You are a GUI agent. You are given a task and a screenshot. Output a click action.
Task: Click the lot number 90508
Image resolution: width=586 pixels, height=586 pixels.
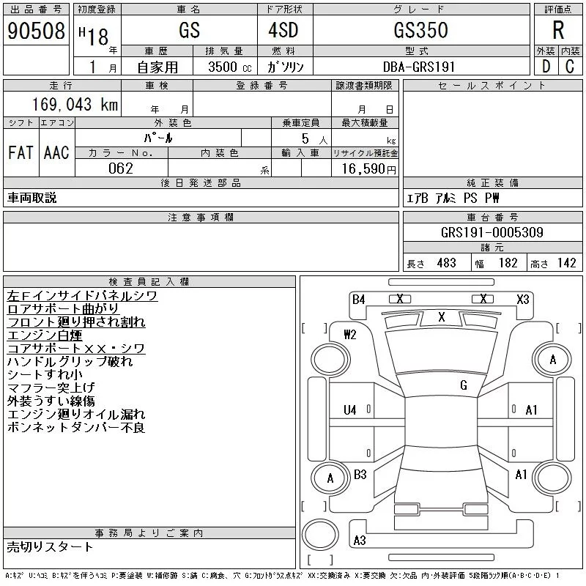36,31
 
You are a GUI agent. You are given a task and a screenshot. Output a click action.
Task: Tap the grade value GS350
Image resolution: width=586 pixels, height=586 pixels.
420,31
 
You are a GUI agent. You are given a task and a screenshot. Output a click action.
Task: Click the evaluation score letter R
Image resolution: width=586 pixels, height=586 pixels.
558,31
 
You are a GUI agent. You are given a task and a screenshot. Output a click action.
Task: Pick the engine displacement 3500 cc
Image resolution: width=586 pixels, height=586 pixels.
223,67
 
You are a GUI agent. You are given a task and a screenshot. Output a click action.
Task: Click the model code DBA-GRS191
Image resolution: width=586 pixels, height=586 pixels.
420,67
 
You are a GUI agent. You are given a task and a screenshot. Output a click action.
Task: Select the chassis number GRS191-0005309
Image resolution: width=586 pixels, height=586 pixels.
492,233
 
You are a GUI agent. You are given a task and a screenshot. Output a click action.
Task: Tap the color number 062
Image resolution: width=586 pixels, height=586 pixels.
121,168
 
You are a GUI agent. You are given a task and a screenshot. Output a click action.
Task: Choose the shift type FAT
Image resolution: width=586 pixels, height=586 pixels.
21,152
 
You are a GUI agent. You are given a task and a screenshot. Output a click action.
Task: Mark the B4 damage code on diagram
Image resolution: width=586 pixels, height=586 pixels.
358,299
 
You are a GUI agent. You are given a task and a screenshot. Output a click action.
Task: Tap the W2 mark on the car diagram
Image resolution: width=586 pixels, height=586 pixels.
349,335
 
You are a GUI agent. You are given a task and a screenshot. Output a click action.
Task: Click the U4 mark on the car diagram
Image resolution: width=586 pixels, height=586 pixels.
349,410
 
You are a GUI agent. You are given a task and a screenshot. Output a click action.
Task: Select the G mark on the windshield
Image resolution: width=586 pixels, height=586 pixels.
464,385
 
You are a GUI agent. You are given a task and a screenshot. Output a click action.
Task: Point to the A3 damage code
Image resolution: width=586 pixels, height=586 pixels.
359,541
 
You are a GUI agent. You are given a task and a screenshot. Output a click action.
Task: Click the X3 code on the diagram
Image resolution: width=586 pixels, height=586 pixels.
522,299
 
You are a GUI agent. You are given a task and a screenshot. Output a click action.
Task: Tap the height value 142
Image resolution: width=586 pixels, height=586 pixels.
566,263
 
